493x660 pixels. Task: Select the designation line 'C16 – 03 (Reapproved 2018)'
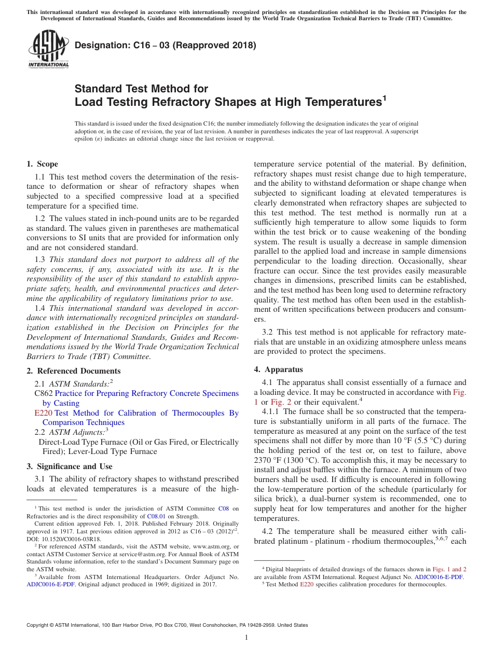pyautogui.click(x=166, y=45)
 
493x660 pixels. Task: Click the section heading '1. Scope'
pyautogui.click(x=43, y=164)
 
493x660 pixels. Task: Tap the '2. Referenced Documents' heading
pyautogui.click(x=73, y=371)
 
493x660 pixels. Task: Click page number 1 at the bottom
pyautogui.click(x=246, y=637)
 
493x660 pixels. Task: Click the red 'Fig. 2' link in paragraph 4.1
pyautogui.click(x=282, y=402)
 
